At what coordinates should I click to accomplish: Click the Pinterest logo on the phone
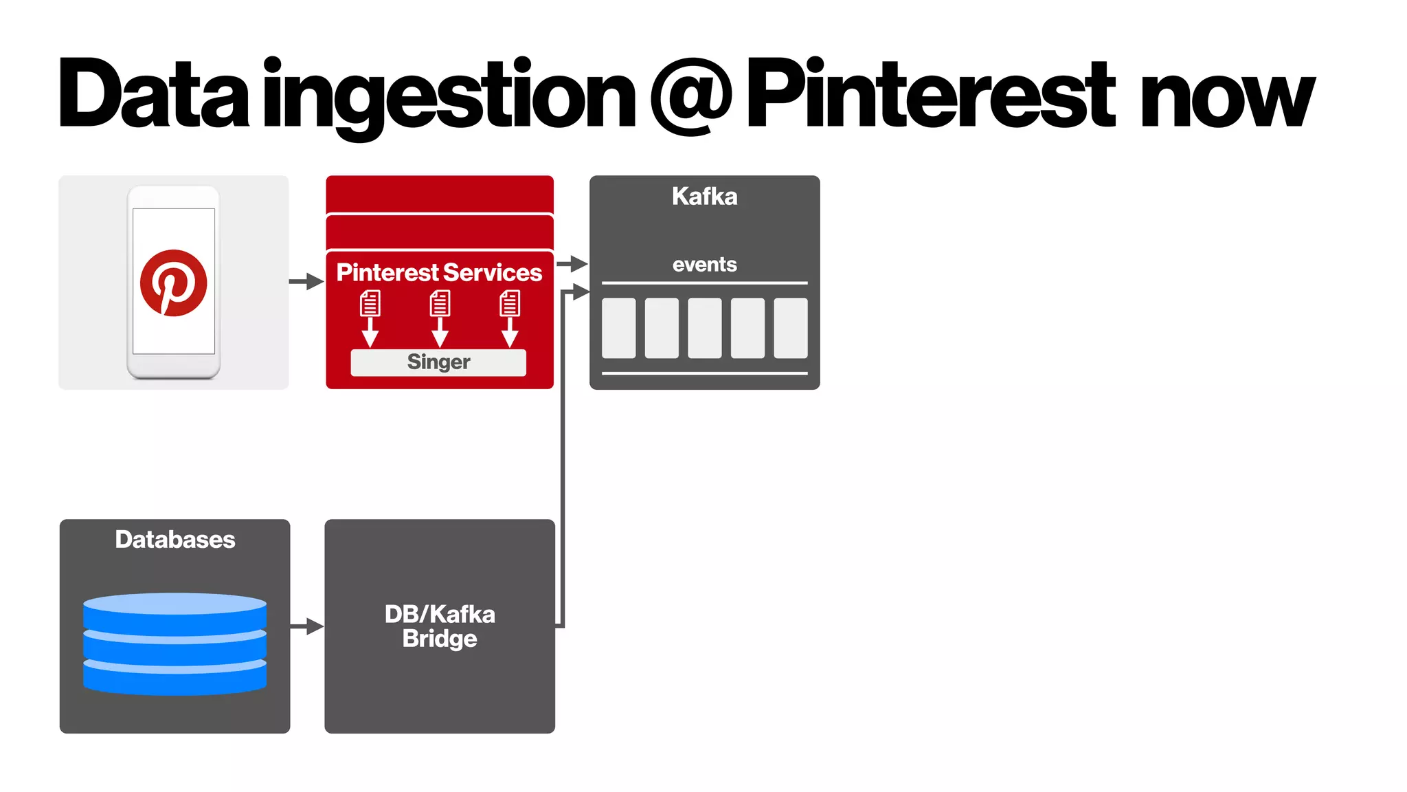[x=173, y=283]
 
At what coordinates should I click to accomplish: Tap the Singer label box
[x=438, y=362]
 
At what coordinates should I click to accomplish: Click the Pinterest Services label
[x=439, y=273]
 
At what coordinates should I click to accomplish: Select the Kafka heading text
[x=704, y=197]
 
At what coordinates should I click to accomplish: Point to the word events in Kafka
[x=704, y=265]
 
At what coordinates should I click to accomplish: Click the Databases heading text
[x=175, y=540]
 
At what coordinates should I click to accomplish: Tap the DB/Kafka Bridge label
[x=440, y=626]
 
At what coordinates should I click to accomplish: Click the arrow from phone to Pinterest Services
[x=306, y=281]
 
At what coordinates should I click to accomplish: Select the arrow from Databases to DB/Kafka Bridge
[x=306, y=626]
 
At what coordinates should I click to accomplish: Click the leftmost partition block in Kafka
[x=618, y=328]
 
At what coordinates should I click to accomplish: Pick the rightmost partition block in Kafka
[x=790, y=328]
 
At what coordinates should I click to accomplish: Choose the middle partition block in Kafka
[x=704, y=328]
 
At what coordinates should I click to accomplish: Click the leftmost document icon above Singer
[x=370, y=303]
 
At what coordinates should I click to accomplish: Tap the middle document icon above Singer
[x=440, y=303]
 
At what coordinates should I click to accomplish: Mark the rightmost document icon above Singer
[x=510, y=303]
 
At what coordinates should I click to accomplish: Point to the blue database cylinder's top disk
[x=175, y=604]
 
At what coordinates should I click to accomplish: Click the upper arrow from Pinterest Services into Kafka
[x=572, y=263]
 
